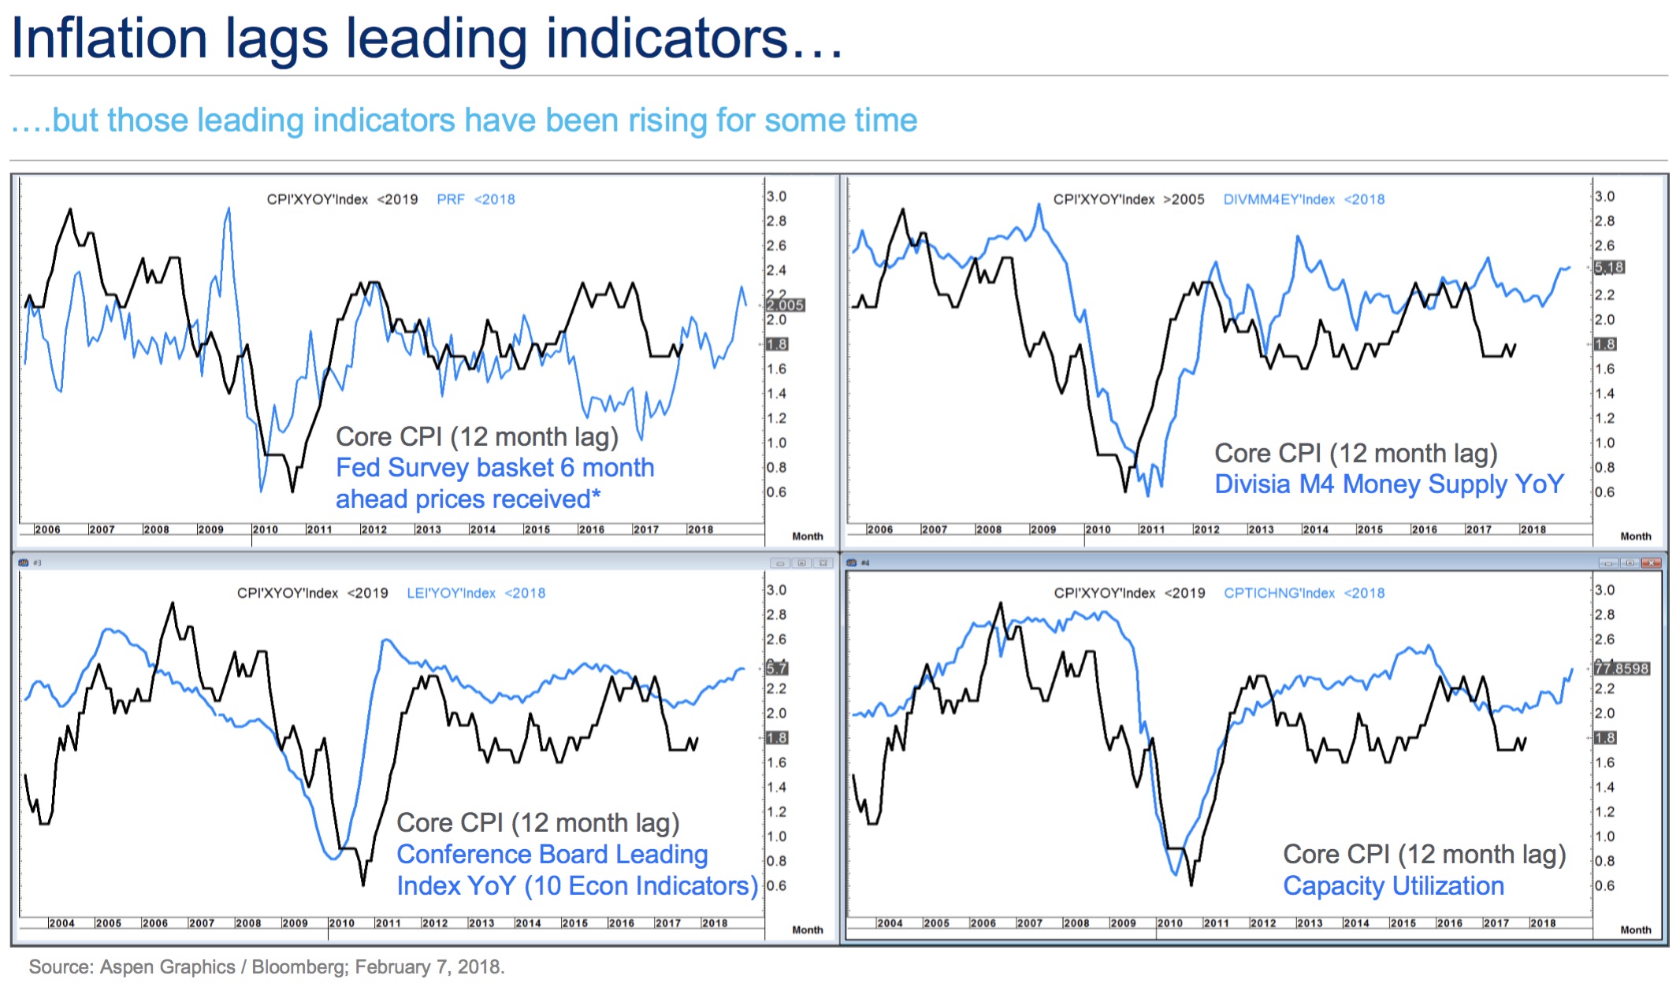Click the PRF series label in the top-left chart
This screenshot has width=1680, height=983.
[x=451, y=199]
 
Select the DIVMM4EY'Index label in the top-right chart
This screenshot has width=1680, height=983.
[x=1278, y=199]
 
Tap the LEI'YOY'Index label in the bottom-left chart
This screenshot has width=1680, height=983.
[x=451, y=593]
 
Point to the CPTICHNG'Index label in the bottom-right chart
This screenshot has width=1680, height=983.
[x=1279, y=593]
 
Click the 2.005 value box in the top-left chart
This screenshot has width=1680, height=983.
[x=785, y=305]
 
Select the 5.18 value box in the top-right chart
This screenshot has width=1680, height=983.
[x=1609, y=267]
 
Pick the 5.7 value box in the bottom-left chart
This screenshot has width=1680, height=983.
[x=777, y=668]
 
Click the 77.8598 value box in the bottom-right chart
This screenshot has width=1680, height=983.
[x=1621, y=668]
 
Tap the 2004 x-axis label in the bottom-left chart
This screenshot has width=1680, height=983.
[x=61, y=923]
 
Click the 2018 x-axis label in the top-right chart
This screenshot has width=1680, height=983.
[x=1533, y=529]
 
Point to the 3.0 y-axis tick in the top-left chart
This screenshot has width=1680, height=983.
[x=777, y=196]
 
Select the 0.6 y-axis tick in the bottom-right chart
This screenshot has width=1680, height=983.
[x=1604, y=885]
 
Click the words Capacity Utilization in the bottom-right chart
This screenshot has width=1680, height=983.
[x=1393, y=886]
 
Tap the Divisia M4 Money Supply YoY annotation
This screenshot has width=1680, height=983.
[x=1388, y=484]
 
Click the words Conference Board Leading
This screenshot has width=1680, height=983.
[x=552, y=855]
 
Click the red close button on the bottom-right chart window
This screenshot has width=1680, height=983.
[x=1652, y=562]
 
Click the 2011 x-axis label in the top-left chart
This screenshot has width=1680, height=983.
[x=319, y=529]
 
